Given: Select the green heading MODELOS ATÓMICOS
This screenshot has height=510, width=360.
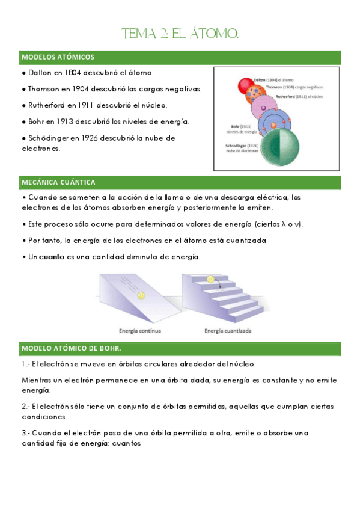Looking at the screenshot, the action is point(58,57).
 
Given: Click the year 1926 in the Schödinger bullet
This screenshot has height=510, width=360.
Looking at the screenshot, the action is point(88,138).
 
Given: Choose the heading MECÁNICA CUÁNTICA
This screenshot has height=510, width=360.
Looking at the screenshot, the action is point(58,182).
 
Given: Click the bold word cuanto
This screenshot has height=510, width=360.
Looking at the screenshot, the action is point(51,257).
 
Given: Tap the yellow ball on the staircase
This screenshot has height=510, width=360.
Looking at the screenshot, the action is point(210,280).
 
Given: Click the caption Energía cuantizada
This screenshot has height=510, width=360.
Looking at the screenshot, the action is point(228,330).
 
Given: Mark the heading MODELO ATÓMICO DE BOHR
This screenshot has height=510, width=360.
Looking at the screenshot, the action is point(72,348).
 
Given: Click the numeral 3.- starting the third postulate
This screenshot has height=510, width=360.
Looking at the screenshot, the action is point(26,433).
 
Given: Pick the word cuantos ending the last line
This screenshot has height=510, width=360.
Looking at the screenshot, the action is point(126,444).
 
